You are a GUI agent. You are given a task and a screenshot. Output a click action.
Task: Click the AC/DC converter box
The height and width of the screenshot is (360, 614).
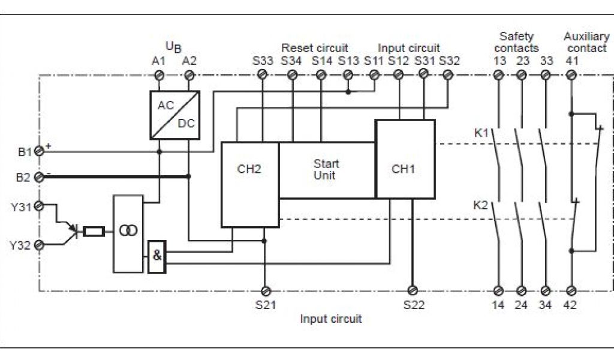point(174,115)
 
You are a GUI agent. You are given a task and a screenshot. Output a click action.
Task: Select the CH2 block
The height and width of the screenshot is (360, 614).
point(249,184)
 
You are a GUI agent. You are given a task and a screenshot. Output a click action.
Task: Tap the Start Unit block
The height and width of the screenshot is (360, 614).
point(327,170)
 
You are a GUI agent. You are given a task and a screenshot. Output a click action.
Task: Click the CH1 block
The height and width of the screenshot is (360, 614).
point(405,159)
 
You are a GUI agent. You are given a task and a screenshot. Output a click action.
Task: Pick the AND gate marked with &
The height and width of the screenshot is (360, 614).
point(156,256)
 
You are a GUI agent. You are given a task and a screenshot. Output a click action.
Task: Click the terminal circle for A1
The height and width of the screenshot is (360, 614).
point(160,74)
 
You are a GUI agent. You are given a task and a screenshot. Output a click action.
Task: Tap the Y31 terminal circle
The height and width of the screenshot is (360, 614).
point(40,206)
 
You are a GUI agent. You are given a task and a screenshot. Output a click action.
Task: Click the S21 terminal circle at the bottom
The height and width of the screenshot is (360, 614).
point(264,291)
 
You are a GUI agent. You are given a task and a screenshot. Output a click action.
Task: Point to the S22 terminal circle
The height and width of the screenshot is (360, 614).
point(411,291)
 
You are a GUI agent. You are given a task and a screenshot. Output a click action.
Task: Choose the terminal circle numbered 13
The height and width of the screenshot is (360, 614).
point(498,74)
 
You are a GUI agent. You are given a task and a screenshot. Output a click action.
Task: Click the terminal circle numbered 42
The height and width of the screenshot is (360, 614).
point(571,291)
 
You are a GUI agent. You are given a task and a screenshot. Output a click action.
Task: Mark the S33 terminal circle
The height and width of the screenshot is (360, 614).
point(262,74)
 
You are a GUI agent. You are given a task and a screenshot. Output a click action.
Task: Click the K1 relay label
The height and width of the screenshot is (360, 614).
point(481,133)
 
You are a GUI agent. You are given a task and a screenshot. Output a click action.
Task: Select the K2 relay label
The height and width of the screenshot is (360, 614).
point(481,205)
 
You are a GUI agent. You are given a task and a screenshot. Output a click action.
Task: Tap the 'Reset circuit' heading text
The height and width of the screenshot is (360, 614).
point(315,48)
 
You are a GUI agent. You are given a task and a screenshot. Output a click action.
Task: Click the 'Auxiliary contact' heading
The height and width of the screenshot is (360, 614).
point(586,42)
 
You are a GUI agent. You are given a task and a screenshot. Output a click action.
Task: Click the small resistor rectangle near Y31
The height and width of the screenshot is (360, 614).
point(94,231)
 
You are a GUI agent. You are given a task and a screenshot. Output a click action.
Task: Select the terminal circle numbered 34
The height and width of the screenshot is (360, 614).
point(546,291)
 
